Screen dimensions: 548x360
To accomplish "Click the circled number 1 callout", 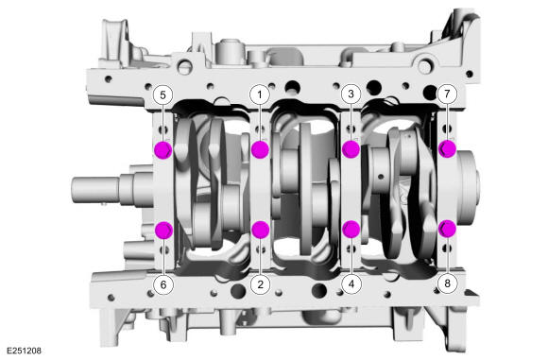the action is pyautogui.click(x=260, y=94).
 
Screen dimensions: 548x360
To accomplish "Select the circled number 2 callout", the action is pyautogui.click(x=260, y=283).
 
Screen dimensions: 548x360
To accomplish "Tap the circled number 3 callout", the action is pyautogui.click(x=351, y=94).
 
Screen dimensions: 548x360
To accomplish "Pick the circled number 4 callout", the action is pyautogui.click(x=351, y=283).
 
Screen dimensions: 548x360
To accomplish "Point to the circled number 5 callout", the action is pyautogui.click(x=163, y=94).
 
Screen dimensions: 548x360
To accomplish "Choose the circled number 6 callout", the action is pyautogui.click(x=163, y=284).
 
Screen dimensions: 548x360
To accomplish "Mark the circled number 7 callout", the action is pyautogui.click(x=447, y=94).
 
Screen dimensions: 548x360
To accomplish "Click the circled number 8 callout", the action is pyautogui.click(x=447, y=283).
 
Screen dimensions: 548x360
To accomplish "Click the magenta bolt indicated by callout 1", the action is pyautogui.click(x=260, y=149).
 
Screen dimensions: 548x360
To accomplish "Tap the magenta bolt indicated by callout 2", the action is pyautogui.click(x=261, y=230).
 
